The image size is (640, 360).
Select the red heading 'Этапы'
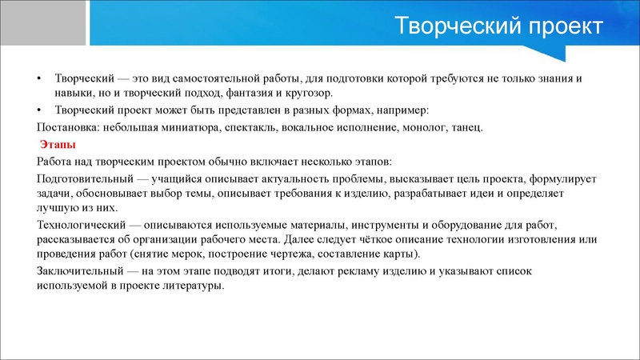pos(58,146)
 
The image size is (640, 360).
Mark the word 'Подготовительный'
pos(84,178)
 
